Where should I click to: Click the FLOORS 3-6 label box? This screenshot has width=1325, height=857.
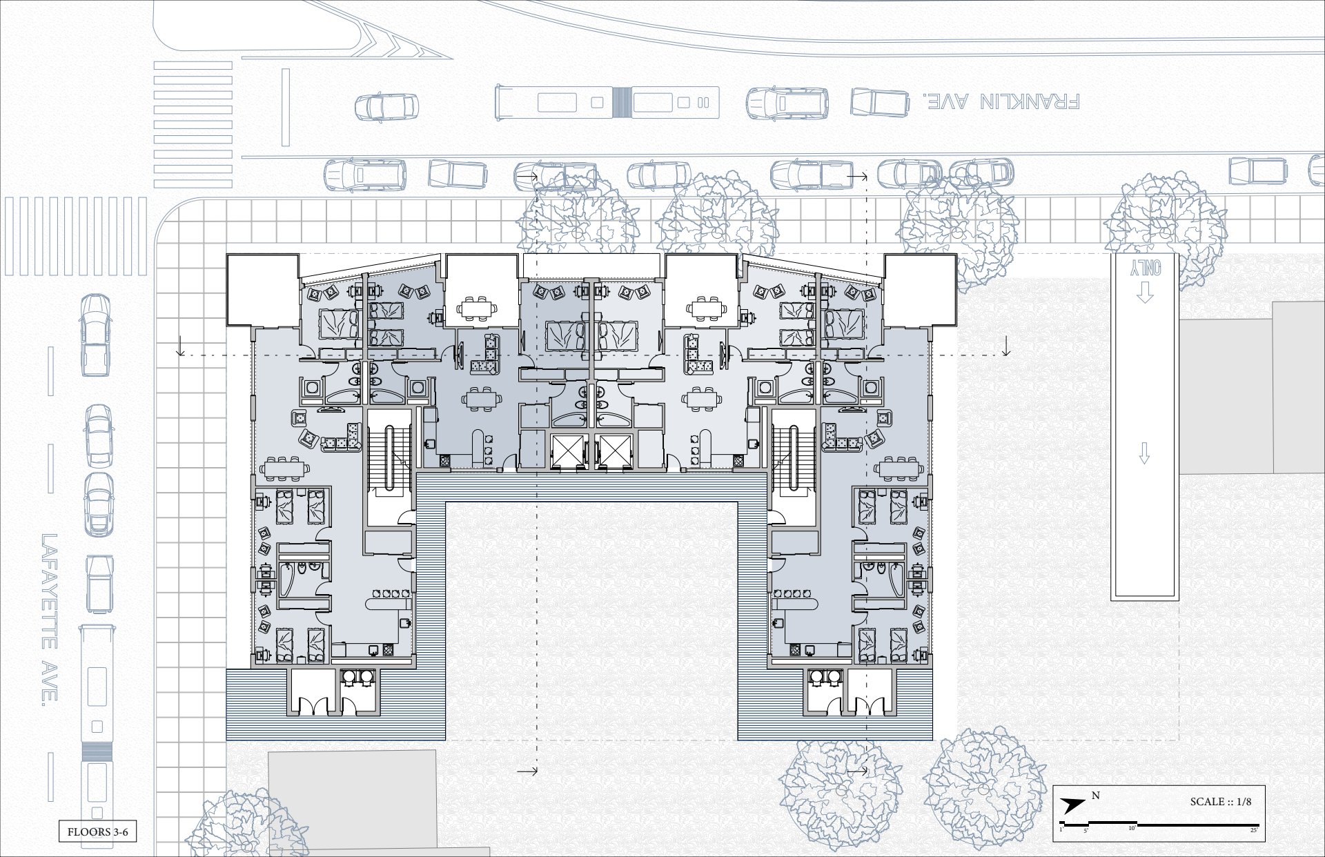point(97,831)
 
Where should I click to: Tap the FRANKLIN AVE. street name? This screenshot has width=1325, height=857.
point(1001,101)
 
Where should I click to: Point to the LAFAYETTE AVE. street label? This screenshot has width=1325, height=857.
point(48,618)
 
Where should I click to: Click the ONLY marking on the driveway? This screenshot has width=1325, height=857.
point(1146,268)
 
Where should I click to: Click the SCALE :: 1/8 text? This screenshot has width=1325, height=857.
point(1220,802)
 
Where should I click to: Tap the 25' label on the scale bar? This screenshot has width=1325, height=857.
point(1253,830)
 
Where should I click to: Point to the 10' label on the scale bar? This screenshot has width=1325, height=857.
point(1132,828)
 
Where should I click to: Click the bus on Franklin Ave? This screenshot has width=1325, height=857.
point(607,102)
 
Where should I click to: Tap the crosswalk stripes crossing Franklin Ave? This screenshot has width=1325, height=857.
point(193,125)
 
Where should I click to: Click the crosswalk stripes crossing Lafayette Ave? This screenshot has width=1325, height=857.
point(76,237)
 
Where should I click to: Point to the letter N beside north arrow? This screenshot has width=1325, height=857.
point(1095,796)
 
